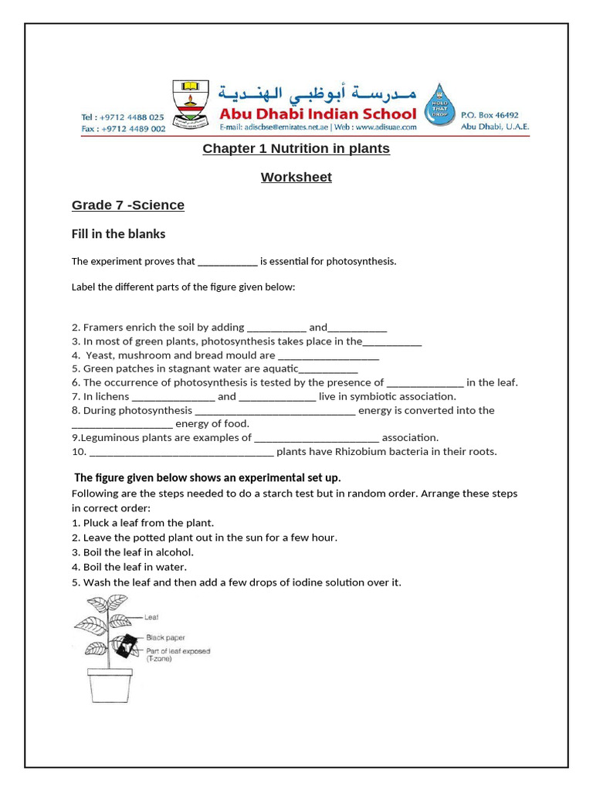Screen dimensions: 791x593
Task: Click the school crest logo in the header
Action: click(x=188, y=102)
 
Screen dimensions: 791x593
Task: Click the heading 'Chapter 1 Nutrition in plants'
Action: click(x=296, y=148)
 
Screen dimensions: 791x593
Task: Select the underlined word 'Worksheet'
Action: click(x=296, y=177)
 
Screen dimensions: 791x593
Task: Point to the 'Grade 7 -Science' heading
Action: click(x=128, y=205)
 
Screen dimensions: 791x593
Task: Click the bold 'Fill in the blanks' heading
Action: click(x=119, y=233)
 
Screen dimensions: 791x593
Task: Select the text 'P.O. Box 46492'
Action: click(x=490, y=114)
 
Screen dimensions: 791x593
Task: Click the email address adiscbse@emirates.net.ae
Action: click(x=271, y=127)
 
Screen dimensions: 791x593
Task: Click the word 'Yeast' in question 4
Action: click(x=99, y=355)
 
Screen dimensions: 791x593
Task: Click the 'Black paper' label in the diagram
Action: click(x=165, y=637)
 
